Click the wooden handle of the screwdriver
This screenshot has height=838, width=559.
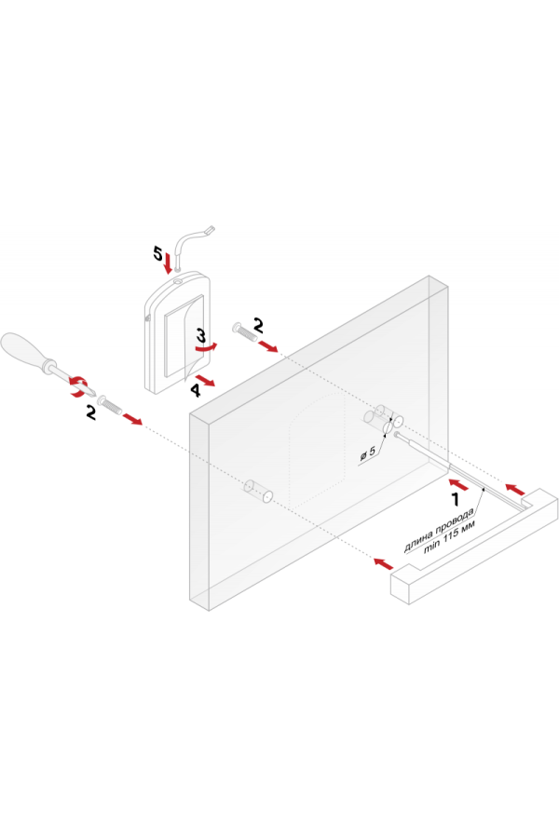pos(24,350)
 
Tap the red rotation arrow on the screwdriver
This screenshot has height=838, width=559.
pos(78,385)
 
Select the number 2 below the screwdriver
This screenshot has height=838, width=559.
pos(91,412)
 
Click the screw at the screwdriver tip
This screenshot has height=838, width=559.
pos(109,405)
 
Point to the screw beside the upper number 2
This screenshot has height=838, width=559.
pos(244,331)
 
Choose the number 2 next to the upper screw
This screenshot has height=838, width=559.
pos(258,325)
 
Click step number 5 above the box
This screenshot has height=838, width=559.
pos(157,253)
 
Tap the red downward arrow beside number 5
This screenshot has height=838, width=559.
pos(168,263)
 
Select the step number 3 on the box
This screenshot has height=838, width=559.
pos(200,336)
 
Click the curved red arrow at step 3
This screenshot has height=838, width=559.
pos(206,347)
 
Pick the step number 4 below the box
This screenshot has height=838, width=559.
pos(196,391)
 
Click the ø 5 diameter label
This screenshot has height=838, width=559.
pos(368,453)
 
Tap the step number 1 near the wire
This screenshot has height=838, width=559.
pos(456,500)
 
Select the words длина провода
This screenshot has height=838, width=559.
pos(439,530)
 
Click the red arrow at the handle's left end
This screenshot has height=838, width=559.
pos(383,563)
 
